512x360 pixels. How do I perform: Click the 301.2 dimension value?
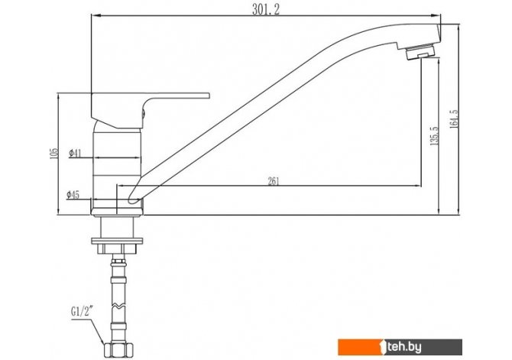click(266, 10)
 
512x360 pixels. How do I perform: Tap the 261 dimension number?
click(274, 181)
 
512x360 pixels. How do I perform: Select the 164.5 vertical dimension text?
click(454, 119)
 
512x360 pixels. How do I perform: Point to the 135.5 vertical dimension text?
click(435, 135)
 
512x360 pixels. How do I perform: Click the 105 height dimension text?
click(54, 153)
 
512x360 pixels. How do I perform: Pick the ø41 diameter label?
click(75, 153)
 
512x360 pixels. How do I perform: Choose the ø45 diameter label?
click(73, 195)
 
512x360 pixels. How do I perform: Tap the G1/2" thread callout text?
click(82, 312)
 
